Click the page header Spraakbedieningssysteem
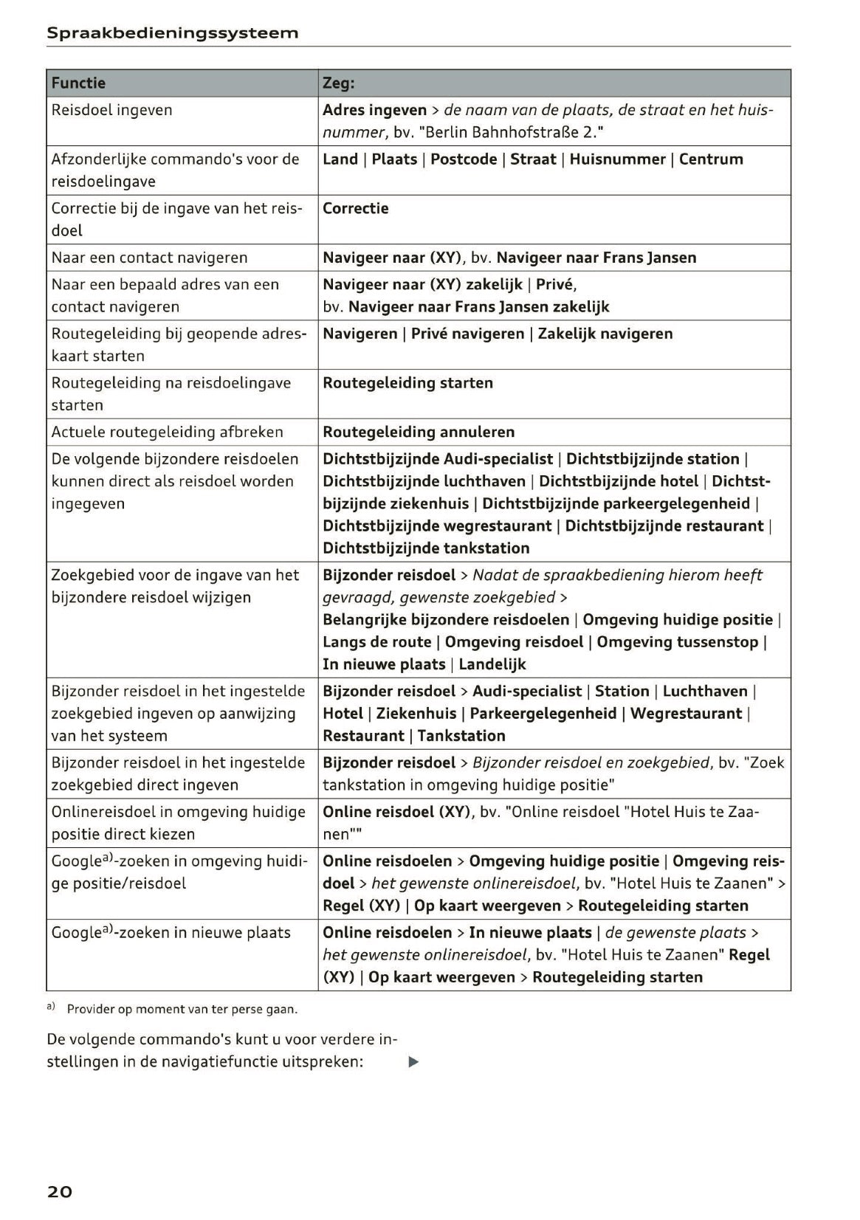point(172,33)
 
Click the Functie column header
point(78,83)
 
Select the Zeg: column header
point(339,83)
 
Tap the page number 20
point(60,1191)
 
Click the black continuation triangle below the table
point(413,1062)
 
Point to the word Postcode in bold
point(464,159)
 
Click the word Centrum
point(711,159)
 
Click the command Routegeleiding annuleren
point(419,432)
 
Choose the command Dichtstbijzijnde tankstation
point(426,548)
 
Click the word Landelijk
point(492,664)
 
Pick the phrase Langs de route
point(376,642)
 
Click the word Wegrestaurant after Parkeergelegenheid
point(686,714)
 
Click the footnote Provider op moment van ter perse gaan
point(182,1009)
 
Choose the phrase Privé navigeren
point(467,334)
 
